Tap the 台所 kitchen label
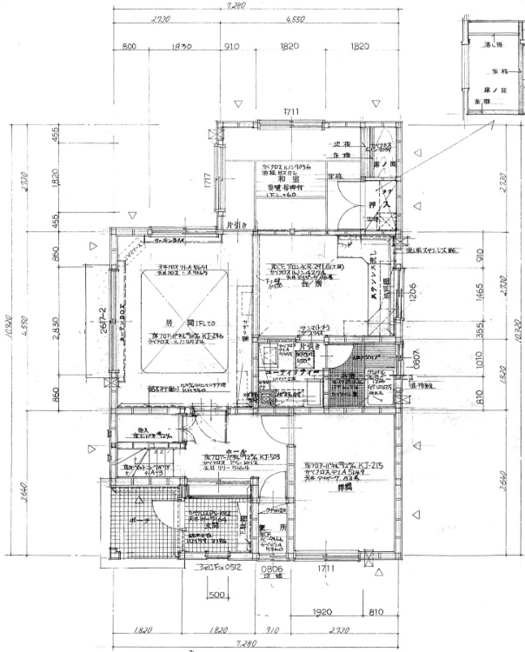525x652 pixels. tap(305, 283)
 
